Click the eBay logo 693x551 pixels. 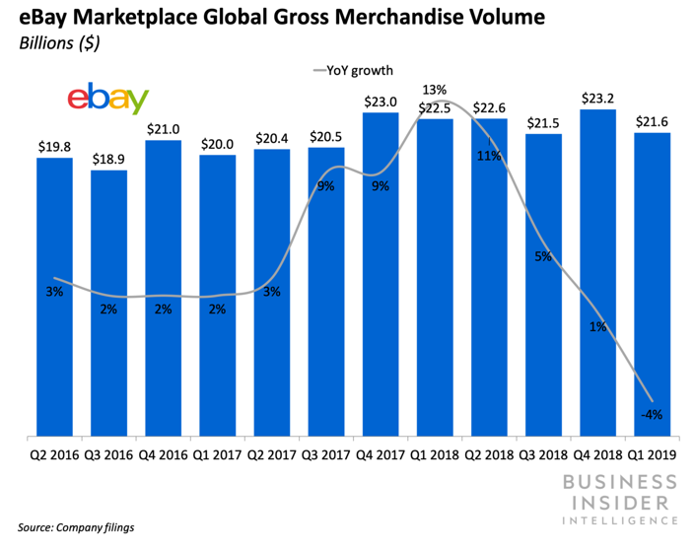tap(107, 99)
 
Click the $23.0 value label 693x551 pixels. tap(381, 101)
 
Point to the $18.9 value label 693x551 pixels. tap(108, 159)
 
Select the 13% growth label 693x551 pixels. tap(435, 90)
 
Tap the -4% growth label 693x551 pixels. tap(651, 415)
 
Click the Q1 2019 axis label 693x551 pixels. tap(652, 456)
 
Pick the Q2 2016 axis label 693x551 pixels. tap(54, 456)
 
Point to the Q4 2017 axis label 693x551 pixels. tap(381, 456)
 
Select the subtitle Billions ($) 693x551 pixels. tap(56, 43)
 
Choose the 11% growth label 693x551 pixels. tap(489, 156)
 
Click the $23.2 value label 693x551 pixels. tap(597, 98)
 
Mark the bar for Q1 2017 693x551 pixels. tap(217, 296)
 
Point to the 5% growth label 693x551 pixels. tap(543, 257)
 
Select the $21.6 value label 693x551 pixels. tap(652, 120)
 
